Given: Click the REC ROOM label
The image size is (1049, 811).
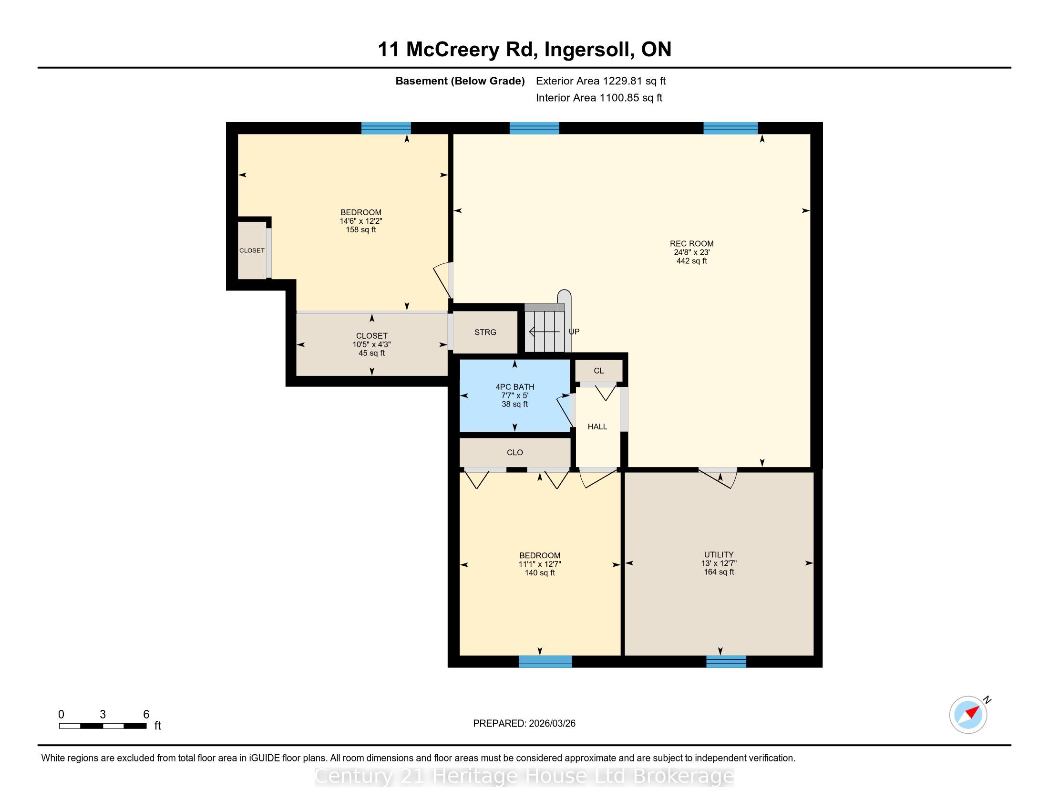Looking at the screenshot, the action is (692, 244).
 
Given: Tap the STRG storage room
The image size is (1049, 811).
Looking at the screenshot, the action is (485, 332).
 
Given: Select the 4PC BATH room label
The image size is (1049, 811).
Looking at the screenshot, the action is (515, 387).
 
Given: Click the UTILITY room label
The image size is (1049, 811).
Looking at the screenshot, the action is (719, 554).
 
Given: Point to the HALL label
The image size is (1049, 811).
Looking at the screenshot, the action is (597, 426).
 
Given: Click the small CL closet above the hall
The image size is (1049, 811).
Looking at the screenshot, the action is (599, 370).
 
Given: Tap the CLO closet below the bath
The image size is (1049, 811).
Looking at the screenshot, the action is (515, 452).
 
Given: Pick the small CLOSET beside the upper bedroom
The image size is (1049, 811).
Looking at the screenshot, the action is (252, 250).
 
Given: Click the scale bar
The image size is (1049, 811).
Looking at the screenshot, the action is (103, 726).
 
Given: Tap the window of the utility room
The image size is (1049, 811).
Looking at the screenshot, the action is (726, 662).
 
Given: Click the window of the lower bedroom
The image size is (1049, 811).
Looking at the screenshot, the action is (545, 662).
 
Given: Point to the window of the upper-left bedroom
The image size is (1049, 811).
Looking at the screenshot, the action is (386, 128).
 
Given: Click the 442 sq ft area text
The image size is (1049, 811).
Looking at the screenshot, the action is (692, 261).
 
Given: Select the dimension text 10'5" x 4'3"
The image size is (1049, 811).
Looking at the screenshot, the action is (372, 344).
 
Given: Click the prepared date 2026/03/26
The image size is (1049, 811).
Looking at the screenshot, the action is (552, 724).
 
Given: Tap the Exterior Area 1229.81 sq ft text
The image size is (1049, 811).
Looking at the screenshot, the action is (601, 81).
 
